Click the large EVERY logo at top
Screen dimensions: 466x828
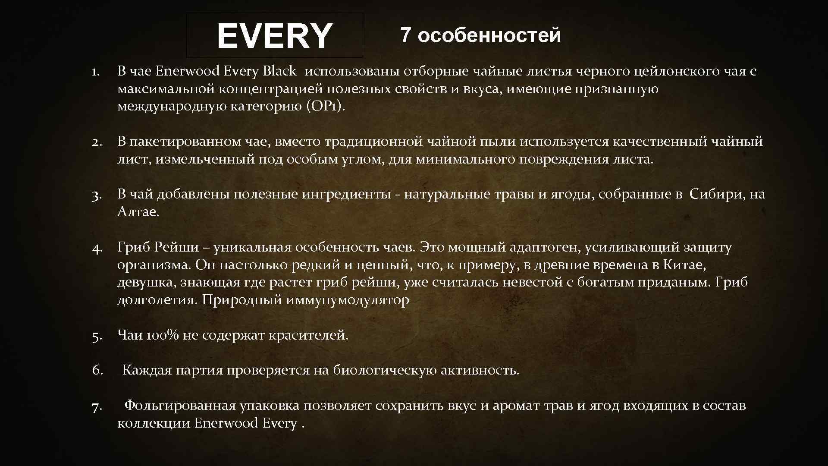[275, 36]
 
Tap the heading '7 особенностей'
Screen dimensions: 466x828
[481, 35]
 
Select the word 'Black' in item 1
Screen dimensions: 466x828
[279, 71]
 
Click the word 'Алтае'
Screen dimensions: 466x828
[137, 212]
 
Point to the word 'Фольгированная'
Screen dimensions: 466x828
[180, 406]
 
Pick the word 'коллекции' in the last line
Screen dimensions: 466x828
[154, 423]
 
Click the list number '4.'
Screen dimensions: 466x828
[97, 248]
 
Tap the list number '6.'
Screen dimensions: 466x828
[97, 370]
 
